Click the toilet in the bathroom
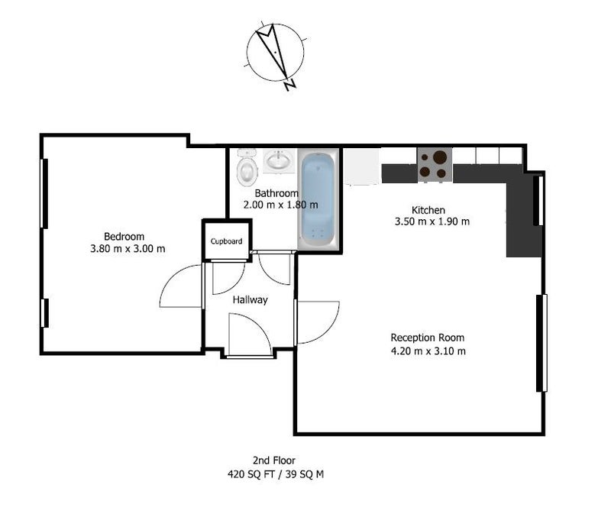pos(247,168)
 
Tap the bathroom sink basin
pos(278,160)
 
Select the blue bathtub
pos(318,199)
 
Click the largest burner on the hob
pos(440,157)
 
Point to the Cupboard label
pos(226,241)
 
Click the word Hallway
pos(251,299)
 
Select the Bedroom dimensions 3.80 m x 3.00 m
pos(128,248)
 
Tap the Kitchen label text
pos(428,210)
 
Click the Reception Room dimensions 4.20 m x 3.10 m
pos(428,351)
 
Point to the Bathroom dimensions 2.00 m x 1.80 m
pos(280,205)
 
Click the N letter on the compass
pos(290,86)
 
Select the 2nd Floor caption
pos(274,460)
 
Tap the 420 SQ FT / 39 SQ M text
pos(276,474)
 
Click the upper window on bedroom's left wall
pos(44,193)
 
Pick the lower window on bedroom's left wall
pos(45,313)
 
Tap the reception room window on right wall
pos(541,343)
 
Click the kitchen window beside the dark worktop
pos(538,201)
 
